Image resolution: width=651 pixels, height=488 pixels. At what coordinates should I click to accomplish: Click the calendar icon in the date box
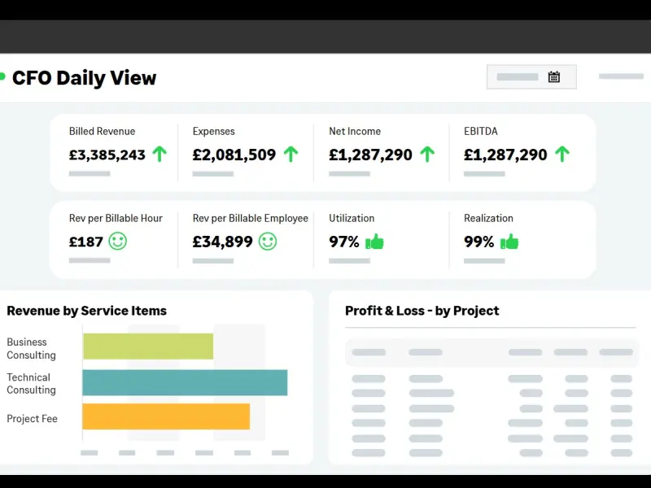tap(554, 77)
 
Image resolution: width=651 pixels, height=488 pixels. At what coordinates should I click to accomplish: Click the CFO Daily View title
tap(84, 78)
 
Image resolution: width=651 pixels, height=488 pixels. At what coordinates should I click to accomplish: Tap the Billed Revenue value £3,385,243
tap(107, 155)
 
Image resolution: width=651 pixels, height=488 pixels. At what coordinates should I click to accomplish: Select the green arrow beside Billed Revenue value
tap(159, 154)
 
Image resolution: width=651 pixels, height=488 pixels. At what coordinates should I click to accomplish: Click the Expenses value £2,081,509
tap(234, 155)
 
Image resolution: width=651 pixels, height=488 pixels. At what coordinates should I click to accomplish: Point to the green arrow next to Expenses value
tap(291, 154)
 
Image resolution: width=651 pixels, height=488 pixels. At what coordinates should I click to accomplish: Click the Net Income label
tap(355, 131)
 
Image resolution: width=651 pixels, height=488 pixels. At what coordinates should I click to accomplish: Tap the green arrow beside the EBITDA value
tap(561, 154)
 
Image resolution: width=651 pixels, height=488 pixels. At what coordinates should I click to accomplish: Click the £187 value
tap(86, 242)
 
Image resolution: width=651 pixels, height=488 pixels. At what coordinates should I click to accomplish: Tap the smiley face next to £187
tap(118, 241)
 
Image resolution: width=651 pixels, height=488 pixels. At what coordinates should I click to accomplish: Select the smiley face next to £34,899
tap(268, 241)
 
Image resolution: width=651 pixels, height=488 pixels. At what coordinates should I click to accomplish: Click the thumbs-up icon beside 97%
tap(374, 241)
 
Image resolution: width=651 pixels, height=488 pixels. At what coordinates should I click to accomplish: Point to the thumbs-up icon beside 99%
tap(509, 241)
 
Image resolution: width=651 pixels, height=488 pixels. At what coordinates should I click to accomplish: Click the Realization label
tap(488, 218)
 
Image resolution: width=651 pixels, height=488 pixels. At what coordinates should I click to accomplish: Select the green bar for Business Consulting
tap(148, 346)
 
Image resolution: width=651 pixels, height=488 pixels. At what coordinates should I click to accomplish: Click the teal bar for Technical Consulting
tap(185, 383)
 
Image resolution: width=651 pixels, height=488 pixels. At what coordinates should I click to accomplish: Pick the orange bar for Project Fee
tap(166, 416)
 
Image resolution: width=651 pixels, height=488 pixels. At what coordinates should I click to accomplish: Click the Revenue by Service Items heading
tap(87, 311)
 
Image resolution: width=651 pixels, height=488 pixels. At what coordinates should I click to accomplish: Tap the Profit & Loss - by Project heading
tap(422, 311)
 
